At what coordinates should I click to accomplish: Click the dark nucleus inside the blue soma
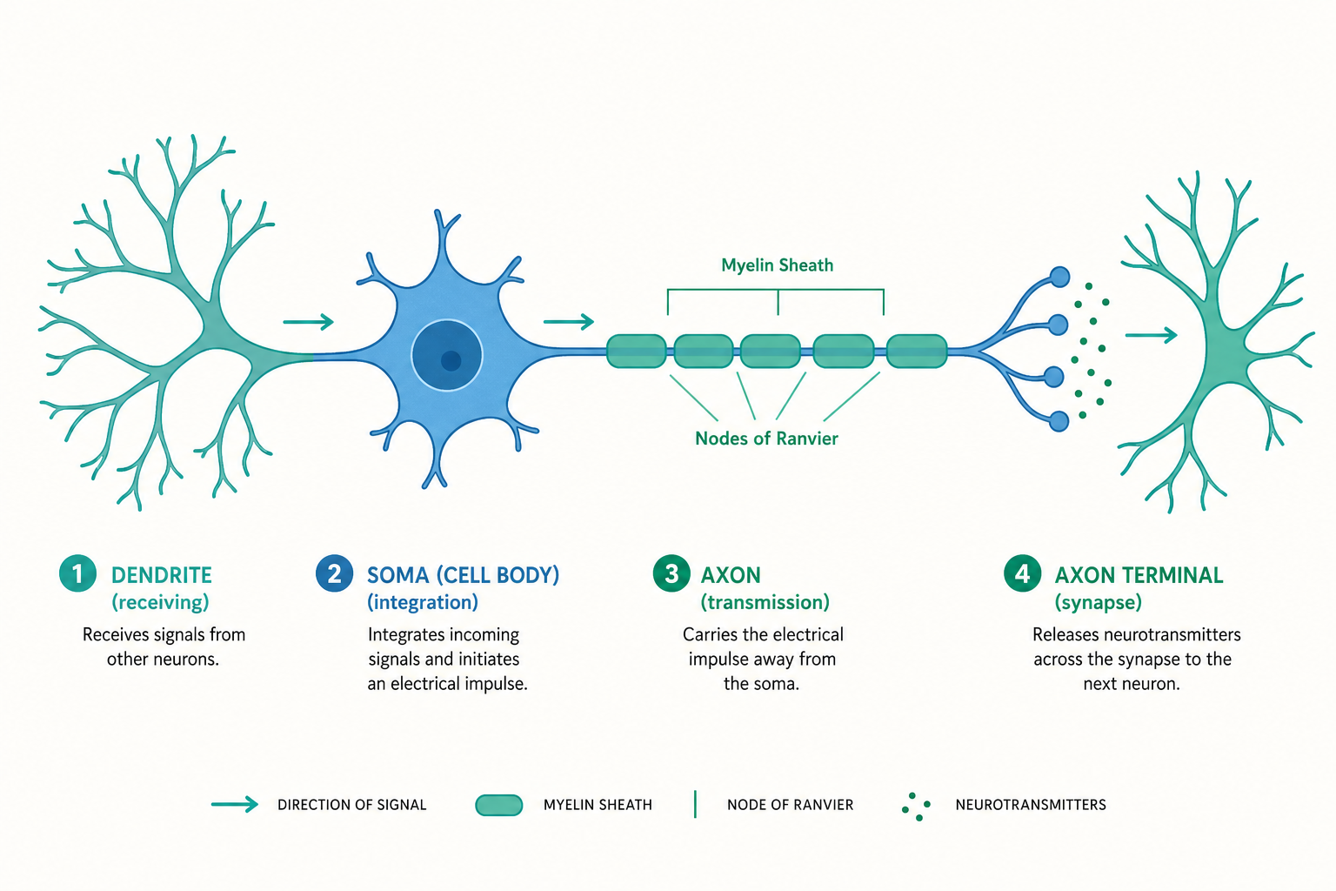pos(447,355)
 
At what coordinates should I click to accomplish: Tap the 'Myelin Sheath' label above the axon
pos(777,265)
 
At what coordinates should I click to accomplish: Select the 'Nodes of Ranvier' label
pos(766,439)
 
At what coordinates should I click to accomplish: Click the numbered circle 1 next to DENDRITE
pos(77,573)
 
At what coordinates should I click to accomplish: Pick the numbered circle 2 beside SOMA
pos(334,573)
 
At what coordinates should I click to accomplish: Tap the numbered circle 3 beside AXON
pos(671,573)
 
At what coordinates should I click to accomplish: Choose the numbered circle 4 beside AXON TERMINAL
pos(1022,573)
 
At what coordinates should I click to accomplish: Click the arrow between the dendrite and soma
pos(309,322)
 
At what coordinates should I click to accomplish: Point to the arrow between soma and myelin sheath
pos(569,322)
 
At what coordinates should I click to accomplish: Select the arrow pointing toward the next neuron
pos(1151,335)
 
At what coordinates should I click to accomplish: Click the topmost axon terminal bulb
pos(1060,277)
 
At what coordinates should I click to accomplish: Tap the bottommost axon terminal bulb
pos(1059,421)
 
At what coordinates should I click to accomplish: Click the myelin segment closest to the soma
pos(637,351)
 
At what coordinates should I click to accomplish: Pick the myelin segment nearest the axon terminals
pos(917,351)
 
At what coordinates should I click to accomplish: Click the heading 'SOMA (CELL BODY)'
pos(464,575)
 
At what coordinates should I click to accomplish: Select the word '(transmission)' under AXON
pos(765,602)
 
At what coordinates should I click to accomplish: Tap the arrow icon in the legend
pos(234,805)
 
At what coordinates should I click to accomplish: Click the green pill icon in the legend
pos(499,805)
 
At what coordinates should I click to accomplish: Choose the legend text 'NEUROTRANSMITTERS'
pos(1031,805)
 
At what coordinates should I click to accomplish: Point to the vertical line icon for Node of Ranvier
pos(696,805)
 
